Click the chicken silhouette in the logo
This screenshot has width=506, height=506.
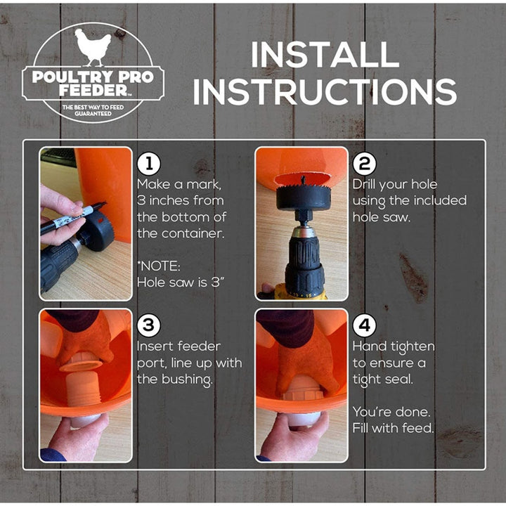[x=93, y=47]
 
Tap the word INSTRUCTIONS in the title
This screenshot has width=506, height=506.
[x=325, y=92]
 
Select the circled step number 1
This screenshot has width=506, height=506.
[x=148, y=164]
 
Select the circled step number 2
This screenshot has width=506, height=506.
[x=363, y=164]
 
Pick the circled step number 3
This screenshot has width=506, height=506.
[x=148, y=325]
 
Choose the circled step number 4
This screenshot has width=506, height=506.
[x=363, y=325]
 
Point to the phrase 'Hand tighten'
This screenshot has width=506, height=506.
[x=393, y=346]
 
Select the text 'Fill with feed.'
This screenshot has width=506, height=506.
[x=394, y=428]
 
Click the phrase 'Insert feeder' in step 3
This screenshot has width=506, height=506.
[x=179, y=346]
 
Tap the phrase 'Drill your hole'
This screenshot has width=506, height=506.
[x=394, y=185]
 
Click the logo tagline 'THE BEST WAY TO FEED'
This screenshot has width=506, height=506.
[x=94, y=106]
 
